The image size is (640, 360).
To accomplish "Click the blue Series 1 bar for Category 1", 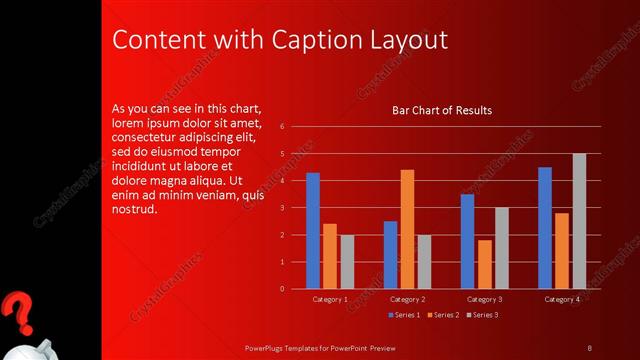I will (313, 230).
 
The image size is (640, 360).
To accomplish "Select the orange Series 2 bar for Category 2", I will (407, 229).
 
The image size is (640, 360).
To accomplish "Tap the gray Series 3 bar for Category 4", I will (579, 221).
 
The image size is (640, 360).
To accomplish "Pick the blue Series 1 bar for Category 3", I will (467, 241).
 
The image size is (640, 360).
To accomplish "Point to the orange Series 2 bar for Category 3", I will (484, 264).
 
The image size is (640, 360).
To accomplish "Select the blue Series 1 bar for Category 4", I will (545, 227).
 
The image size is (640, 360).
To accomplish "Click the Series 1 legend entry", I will (404, 315).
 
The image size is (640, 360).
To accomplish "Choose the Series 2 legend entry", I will (442, 315).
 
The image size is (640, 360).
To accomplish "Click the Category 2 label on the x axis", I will (407, 299).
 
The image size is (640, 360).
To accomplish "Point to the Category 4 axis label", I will (561, 299).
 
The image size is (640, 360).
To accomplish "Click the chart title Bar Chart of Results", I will (441, 110).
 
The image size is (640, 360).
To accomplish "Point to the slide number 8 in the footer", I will (589, 347).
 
